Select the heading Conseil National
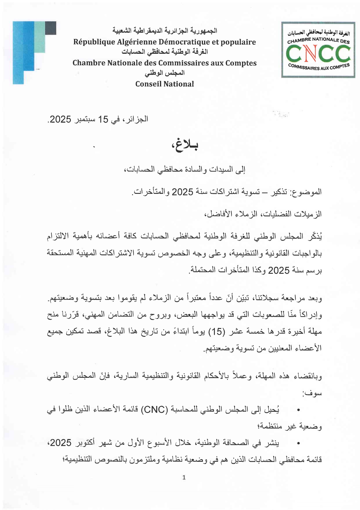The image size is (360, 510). click(165, 84)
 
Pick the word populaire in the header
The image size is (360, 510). click(238, 42)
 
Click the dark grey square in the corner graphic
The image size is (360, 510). click(51, 28)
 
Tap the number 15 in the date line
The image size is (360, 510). click(103, 119)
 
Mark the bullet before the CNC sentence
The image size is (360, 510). click(298, 410)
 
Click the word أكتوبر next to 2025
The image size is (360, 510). click(86, 443)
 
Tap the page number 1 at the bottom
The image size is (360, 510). click(184, 477)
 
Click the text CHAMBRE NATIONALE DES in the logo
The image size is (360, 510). click(318, 40)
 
